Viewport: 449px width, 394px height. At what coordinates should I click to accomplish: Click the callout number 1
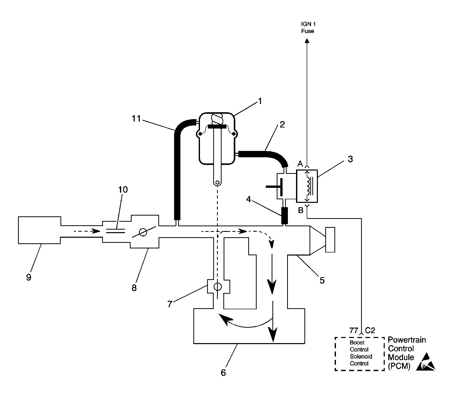tap(259, 101)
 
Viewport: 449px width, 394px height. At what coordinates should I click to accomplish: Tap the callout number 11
tap(136, 119)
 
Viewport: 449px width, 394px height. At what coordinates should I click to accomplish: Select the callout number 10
tap(123, 190)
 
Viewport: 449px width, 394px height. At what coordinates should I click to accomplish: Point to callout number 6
tap(223, 373)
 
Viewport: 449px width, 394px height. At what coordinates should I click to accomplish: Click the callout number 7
tap(170, 304)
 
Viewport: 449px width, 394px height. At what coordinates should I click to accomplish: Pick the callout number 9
tap(29, 277)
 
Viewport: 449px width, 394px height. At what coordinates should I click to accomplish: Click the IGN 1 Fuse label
tap(307, 28)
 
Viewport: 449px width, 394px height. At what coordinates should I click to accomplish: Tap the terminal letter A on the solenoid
tap(300, 164)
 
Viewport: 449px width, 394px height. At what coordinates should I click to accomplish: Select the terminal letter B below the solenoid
tap(301, 210)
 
